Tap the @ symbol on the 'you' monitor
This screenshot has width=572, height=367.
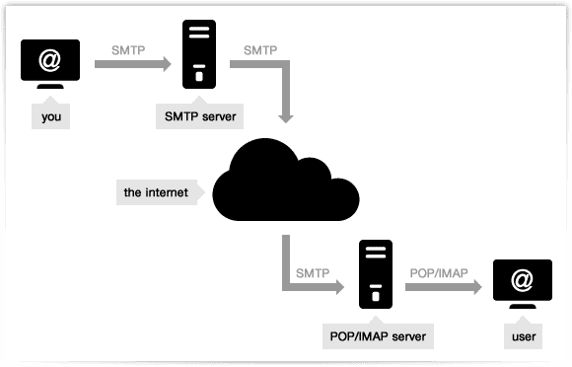[x=49, y=61]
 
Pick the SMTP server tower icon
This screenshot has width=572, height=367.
[x=199, y=55]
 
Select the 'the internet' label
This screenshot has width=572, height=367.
[x=157, y=191]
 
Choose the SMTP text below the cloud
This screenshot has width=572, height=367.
[x=313, y=270]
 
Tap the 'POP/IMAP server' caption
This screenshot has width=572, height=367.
[x=377, y=336]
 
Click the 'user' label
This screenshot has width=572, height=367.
[x=523, y=336]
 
